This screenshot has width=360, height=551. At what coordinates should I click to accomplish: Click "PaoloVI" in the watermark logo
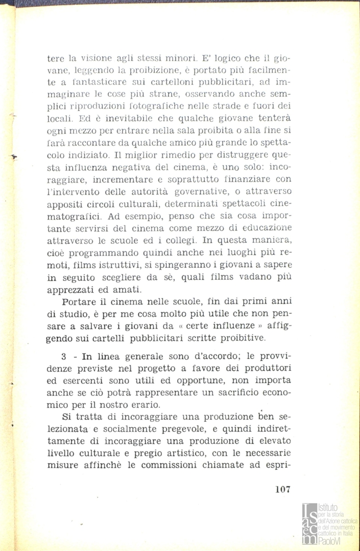click(329, 542)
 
